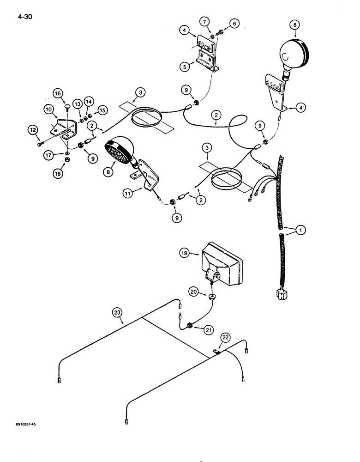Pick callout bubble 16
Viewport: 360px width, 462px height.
pos(58,94)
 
